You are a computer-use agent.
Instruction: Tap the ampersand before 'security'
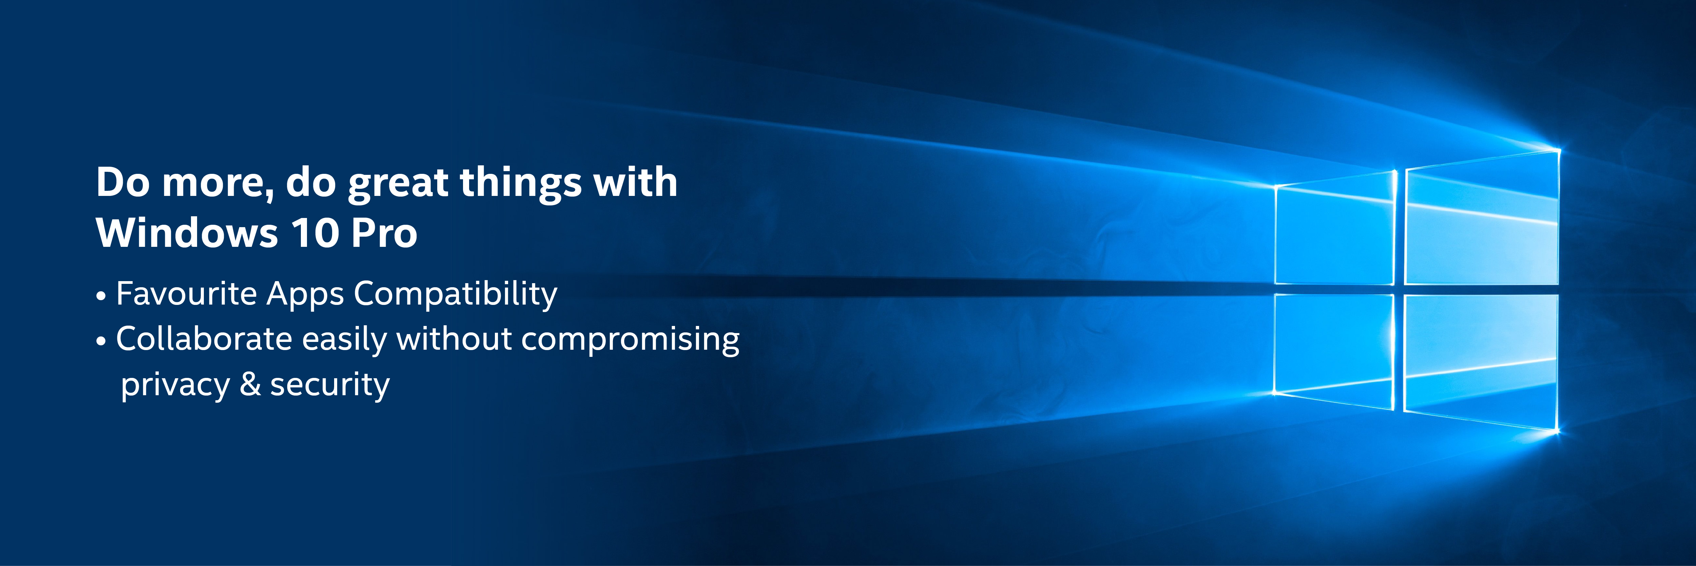(x=250, y=384)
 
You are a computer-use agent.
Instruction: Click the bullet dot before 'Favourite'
(x=101, y=296)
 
